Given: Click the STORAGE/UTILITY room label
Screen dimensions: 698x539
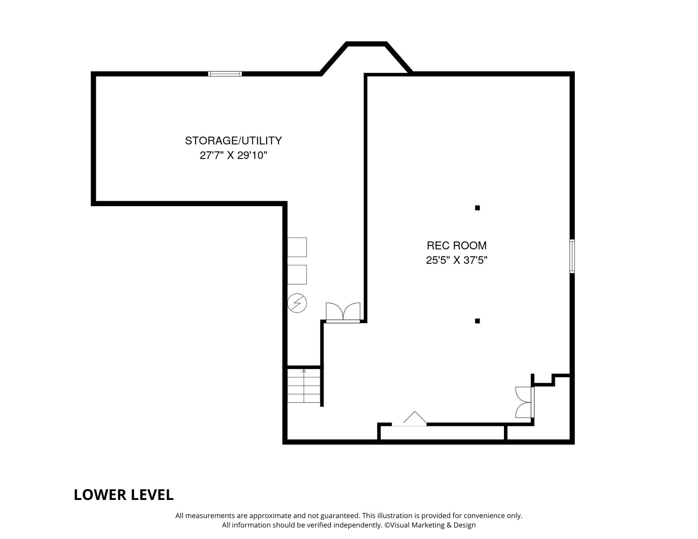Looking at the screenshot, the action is click(x=233, y=141).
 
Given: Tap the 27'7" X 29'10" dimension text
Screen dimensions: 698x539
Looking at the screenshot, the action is click(x=233, y=155).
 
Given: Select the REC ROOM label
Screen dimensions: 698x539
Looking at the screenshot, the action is click(x=456, y=246).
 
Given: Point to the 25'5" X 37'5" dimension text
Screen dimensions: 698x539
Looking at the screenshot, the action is click(x=456, y=260).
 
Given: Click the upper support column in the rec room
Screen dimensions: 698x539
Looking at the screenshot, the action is click(x=477, y=208).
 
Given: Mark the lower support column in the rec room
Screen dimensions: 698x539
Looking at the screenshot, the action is click(x=477, y=321).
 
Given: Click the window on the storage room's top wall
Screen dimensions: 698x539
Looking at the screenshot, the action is click(x=225, y=74).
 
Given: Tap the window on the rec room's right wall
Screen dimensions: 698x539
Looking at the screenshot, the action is click(x=572, y=256).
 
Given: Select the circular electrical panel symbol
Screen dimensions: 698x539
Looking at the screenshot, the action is click(x=297, y=303).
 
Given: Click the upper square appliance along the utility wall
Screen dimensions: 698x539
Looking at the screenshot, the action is click(x=297, y=247).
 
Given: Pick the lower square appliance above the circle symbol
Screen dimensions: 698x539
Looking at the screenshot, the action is click(x=297, y=275).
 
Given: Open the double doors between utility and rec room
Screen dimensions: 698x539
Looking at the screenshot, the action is click(x=343, y=313).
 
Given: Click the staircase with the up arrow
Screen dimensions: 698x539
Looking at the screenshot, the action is click(x=304, y=386).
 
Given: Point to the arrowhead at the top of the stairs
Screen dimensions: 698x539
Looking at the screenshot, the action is click(x=304, y=371).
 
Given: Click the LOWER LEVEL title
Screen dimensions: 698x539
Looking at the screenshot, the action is click(x=124, y=495).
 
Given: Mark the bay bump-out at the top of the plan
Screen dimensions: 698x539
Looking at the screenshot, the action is click(x=366, y=58).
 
